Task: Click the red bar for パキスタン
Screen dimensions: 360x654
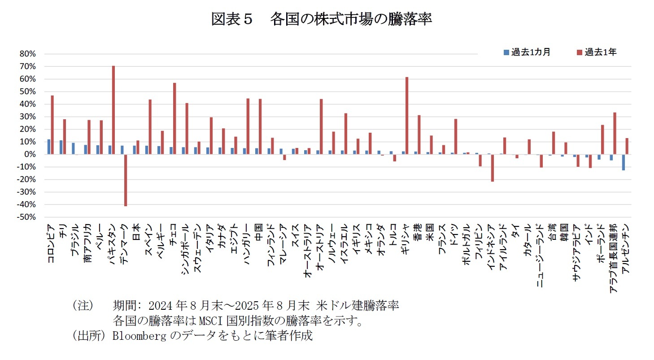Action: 113,110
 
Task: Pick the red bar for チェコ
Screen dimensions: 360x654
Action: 174,118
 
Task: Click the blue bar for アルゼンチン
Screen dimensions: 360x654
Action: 623,162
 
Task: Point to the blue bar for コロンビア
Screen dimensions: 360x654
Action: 49,147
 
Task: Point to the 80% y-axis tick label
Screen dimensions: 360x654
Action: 27,54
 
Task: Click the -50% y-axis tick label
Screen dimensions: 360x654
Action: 26,217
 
